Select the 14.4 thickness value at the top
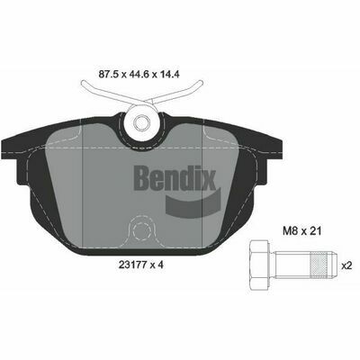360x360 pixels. point(170,74)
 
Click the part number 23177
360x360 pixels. point(132,265)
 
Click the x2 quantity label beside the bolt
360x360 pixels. point(346,265)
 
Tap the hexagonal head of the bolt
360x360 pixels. point(259,265)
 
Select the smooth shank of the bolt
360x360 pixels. point(292,265)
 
